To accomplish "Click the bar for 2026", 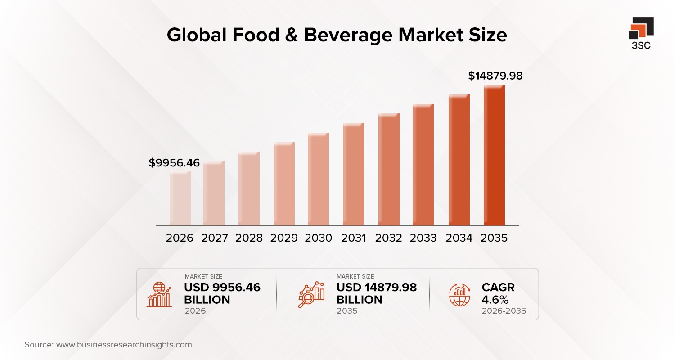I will pos(180,198).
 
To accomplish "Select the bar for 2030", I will pos(318,180).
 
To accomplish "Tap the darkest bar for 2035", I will pos(494,156).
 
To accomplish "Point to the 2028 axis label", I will pos(249,238).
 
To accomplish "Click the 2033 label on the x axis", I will pos(423,238).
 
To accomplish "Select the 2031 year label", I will pos(353,238).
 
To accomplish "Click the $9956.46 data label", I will pos(174,163).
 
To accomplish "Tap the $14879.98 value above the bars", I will pos(495,76).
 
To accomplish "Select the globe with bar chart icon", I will pos(159,294).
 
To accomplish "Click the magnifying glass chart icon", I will pos(311,294).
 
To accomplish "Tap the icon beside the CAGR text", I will pos(459,294).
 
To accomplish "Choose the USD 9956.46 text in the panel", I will pos(222,288).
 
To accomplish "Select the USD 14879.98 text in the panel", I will pos(377,288).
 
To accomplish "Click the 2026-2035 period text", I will pos(504,311).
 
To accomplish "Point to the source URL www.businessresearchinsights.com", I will pos(124,345).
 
